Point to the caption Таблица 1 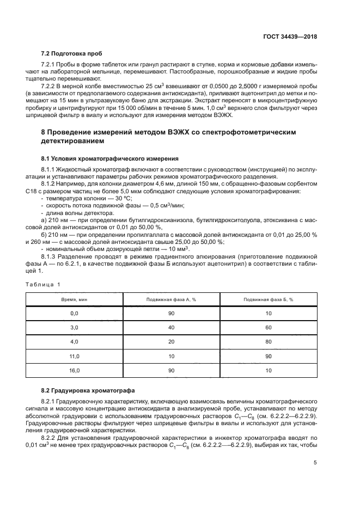coord(44,284)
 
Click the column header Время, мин coord(75,299)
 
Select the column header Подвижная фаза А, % coord(171,299)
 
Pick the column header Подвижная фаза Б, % coord(268,299)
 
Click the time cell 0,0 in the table coord(75,314)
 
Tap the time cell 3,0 coord(75,328)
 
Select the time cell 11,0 coord(75,356)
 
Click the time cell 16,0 coord(75,370)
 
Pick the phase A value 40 coord(171,328)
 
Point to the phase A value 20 coord(171,342)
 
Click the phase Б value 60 coord(268,328)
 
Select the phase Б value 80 coord(268,342)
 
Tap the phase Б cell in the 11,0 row coord(268,356)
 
